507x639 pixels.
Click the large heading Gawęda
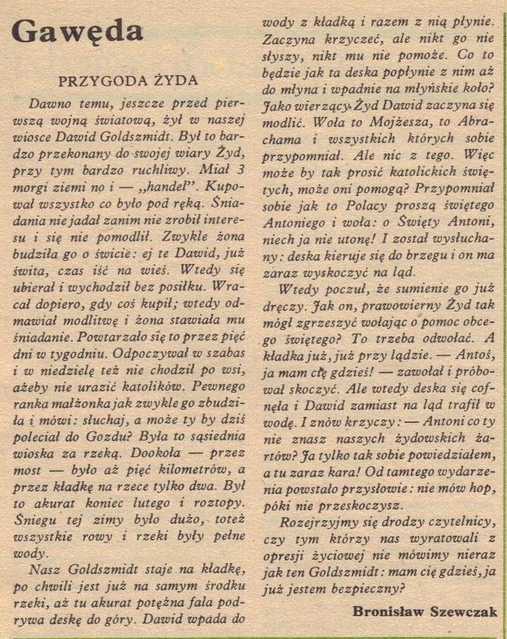point(77,31)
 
